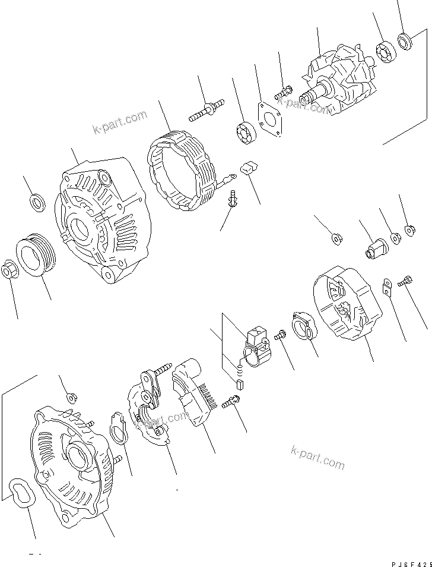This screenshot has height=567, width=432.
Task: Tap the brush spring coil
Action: pyautogui.click(x=240, y=370)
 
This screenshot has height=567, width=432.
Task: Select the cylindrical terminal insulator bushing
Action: pyautogui.click(x=375, y=245)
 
